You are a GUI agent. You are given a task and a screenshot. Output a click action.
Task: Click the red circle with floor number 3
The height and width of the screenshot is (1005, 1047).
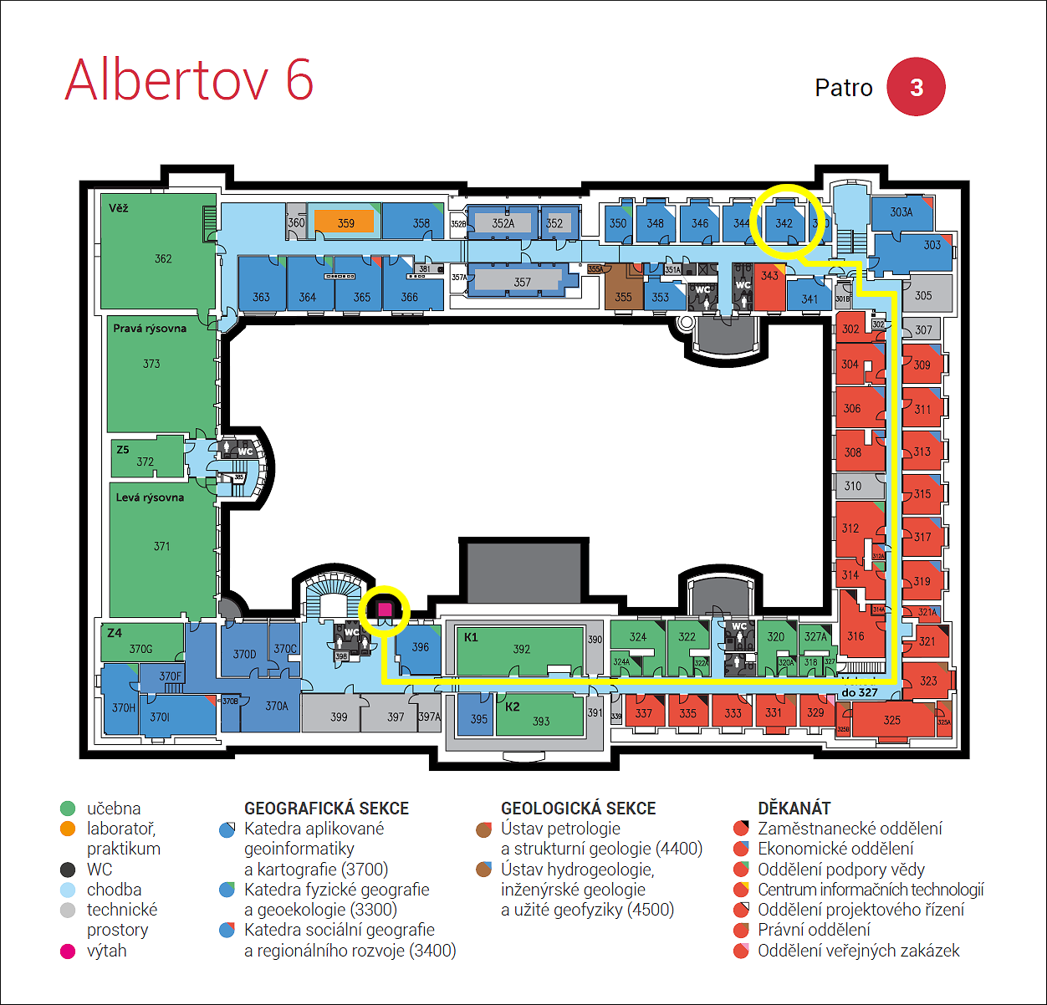point(916,87)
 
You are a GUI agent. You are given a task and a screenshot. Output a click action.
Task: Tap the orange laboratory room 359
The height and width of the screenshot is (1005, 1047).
point(345,223)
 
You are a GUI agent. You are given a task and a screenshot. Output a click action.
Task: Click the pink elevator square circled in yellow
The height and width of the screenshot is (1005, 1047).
point(384,610)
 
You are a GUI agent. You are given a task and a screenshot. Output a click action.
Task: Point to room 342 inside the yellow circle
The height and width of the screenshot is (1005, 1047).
point(784,222)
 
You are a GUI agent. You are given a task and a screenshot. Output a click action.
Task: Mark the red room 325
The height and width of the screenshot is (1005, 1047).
point(891,719)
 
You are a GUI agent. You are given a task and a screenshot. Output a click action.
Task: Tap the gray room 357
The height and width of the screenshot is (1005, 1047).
point(522,282)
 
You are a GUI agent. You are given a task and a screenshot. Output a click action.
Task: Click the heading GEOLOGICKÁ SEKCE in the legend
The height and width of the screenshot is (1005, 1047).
point(578,809)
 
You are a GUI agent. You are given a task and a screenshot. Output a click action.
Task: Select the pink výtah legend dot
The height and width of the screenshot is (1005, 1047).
point(68,951)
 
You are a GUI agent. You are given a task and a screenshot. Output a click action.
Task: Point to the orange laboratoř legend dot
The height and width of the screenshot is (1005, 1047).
point(68,829)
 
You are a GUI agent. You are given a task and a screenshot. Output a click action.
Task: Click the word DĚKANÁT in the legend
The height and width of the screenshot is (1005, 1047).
point(794,809)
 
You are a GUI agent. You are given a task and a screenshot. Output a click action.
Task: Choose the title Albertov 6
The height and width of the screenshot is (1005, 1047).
point(189,80)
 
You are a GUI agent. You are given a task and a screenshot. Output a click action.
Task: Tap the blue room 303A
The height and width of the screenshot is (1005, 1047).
point(901,213)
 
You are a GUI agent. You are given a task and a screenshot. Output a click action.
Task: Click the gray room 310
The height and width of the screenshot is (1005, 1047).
point(854,486)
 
